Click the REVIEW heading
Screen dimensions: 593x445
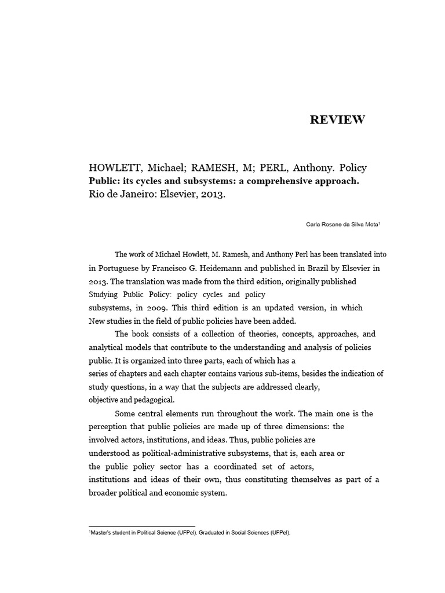337,120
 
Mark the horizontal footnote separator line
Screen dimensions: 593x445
141,526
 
